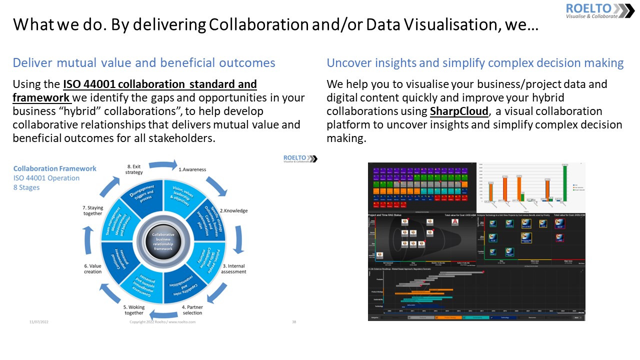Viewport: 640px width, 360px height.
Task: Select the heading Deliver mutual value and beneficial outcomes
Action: (x=144, y=62)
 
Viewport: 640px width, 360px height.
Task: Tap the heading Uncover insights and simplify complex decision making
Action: (x=475, y=62)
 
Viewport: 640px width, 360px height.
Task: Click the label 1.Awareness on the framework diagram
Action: (x=192, y=169)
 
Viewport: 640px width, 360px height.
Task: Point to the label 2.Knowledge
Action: (x=233, y=210)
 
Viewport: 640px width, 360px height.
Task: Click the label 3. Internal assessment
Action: (x=233, y=268)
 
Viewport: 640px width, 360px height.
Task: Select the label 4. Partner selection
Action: (x=192, y=309)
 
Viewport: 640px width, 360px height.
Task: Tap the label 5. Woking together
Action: (x=133, y=310)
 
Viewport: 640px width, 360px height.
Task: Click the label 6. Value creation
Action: (x=92, y=268)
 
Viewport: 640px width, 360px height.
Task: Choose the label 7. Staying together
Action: (x=92, y=210)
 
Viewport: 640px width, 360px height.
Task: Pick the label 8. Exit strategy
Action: (x=134, y=169)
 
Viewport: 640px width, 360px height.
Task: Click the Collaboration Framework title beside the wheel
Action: (x=54, y=168)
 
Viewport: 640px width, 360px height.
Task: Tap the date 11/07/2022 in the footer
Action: (x=38, y=322)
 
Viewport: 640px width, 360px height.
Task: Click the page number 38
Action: (x=294, y=322)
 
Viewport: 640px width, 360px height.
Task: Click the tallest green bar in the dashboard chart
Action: (x=565, y=183)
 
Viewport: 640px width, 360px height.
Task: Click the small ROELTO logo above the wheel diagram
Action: (x=300, y=158)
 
